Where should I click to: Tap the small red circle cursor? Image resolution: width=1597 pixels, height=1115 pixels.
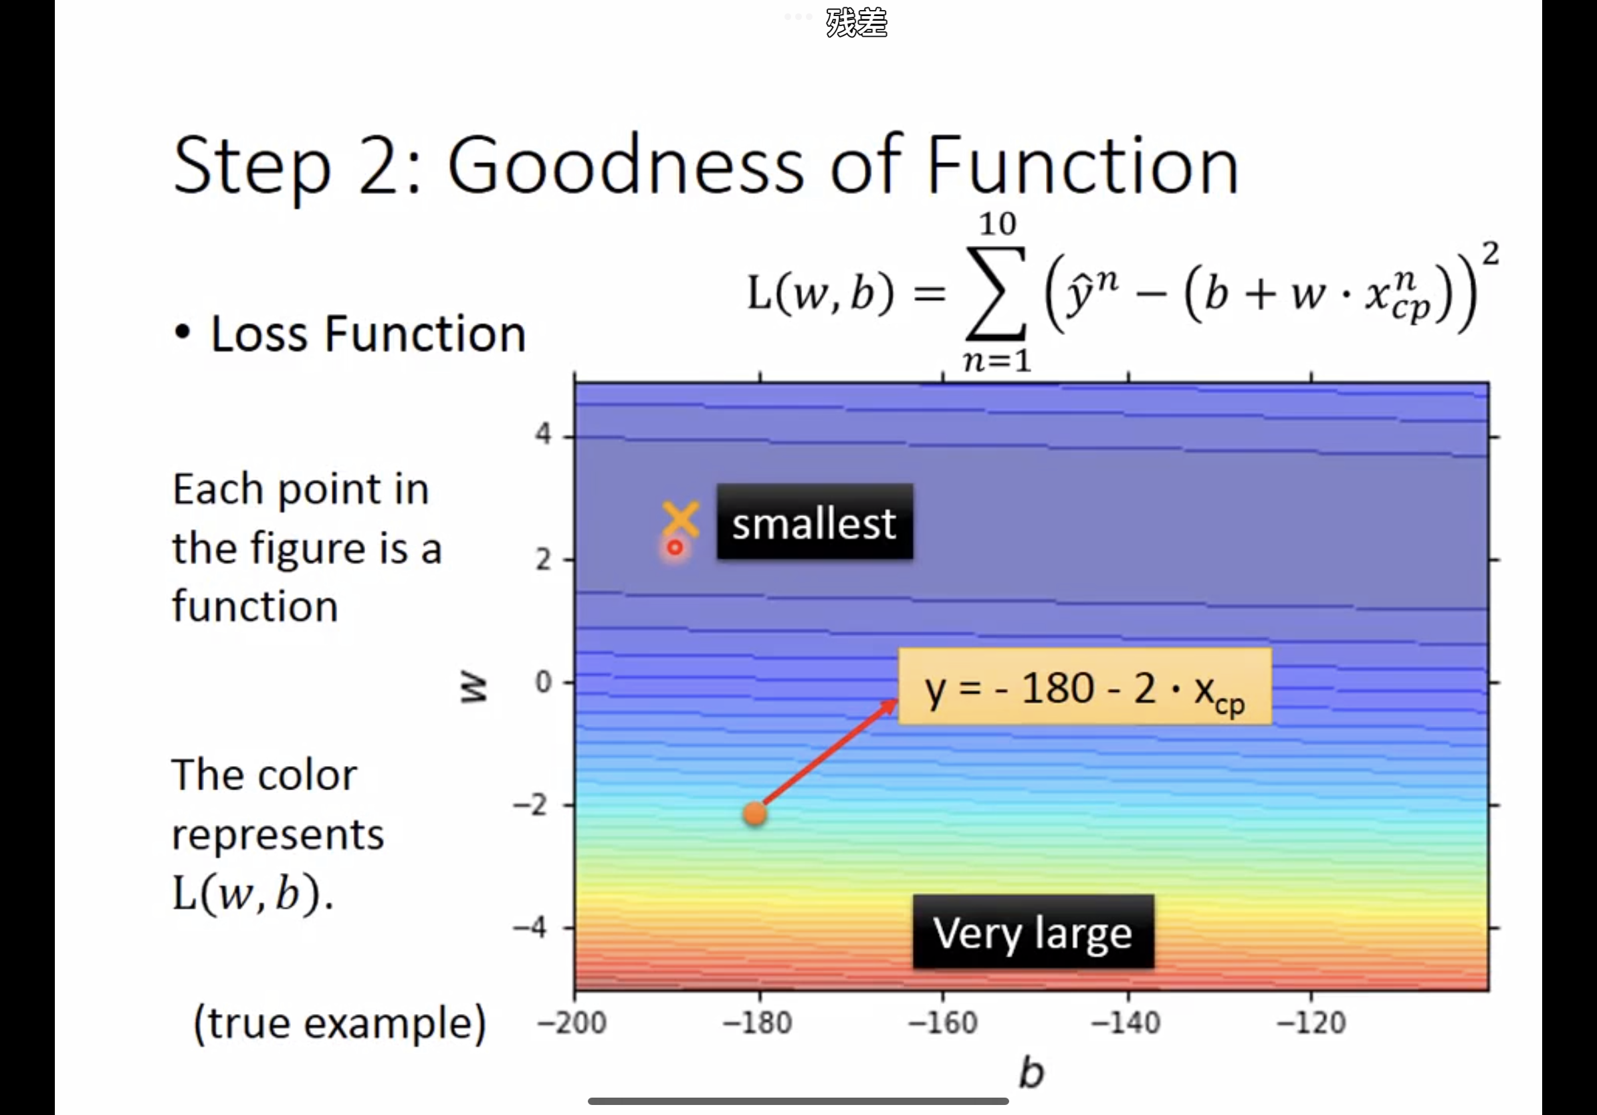pos(675,548)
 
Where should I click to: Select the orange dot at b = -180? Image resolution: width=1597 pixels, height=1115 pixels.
pos(754,814)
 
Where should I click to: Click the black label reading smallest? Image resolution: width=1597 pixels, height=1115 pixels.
pos(815,521)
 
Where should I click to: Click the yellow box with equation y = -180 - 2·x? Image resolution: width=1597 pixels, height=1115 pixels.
pos(1085,687)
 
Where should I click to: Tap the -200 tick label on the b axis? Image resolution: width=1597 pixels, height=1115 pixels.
pos(572,1023)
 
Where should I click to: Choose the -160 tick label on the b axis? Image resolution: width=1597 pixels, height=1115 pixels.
pos(942,1023)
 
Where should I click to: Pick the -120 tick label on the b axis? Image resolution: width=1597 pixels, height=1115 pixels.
pos(1311,1023)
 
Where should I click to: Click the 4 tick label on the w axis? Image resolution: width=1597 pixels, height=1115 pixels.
pos(543,435)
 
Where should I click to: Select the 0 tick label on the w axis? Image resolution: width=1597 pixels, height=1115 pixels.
pos(543,682)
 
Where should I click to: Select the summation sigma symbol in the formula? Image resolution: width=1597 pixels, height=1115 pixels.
pos(996,292)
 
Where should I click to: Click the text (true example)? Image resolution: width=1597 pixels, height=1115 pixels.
pos(340,1023)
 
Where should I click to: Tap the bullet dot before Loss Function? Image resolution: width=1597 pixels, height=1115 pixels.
pos(182,332)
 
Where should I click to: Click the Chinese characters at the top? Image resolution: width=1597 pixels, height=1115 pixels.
pos(856,23)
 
